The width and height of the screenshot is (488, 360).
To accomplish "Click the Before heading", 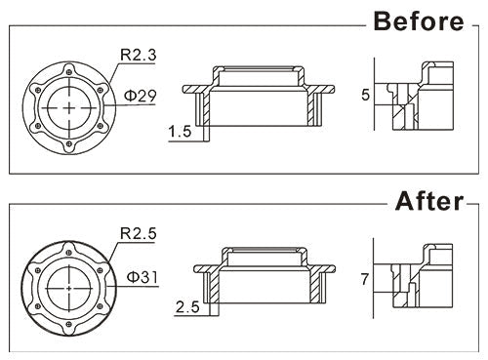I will (x=416, y=20).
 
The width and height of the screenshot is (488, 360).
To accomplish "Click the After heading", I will (x=427, y=202).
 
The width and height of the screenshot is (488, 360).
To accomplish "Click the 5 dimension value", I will (x=364, y=96).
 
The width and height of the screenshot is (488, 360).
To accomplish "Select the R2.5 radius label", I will (x=139, y=234).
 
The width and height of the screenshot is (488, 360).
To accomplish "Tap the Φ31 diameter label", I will (x=143, y=277).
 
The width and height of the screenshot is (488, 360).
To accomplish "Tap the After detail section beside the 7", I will (x=422, y=278).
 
